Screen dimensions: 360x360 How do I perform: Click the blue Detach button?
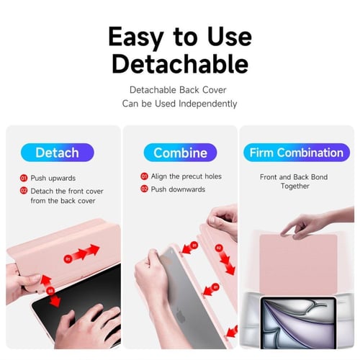58,153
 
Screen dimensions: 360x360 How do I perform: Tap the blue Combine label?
180,153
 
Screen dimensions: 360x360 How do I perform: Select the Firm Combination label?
295,153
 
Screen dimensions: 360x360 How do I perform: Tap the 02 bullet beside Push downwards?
144,189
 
